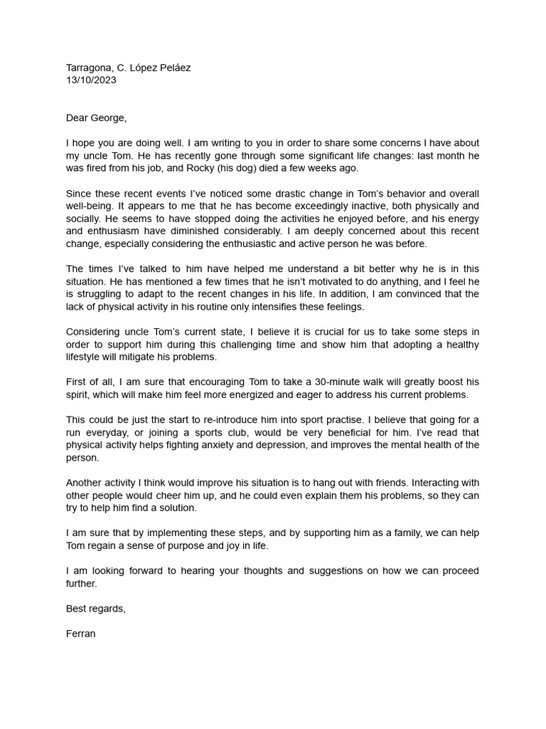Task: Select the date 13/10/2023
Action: (x=91, y=80)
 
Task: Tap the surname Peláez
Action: (x=173, y=68)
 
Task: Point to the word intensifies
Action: (x=296, y=306)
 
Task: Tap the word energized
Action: (x=260, y=394)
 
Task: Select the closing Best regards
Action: (x=96, y=608)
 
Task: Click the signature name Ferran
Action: (x=81, y=633)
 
